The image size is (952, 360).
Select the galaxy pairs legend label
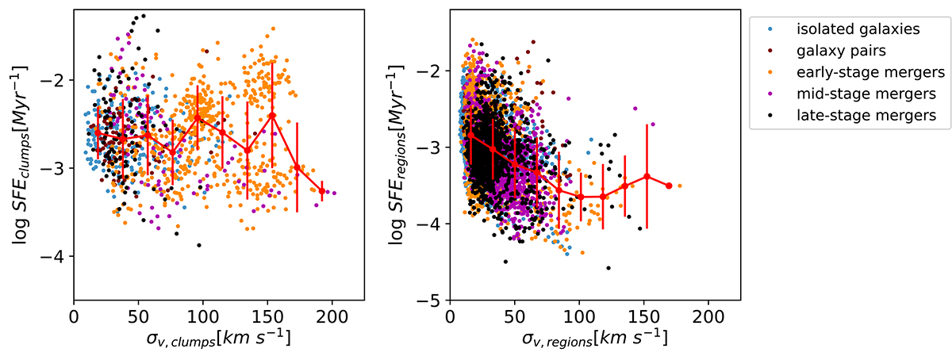[839, 51]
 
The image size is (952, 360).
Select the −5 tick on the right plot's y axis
[431, 301]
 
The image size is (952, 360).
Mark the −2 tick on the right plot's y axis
[431, 71]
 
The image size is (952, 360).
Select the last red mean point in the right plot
[669, 186]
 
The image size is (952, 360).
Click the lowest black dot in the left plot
[199, 245]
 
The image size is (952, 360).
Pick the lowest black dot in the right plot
[608, 268]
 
